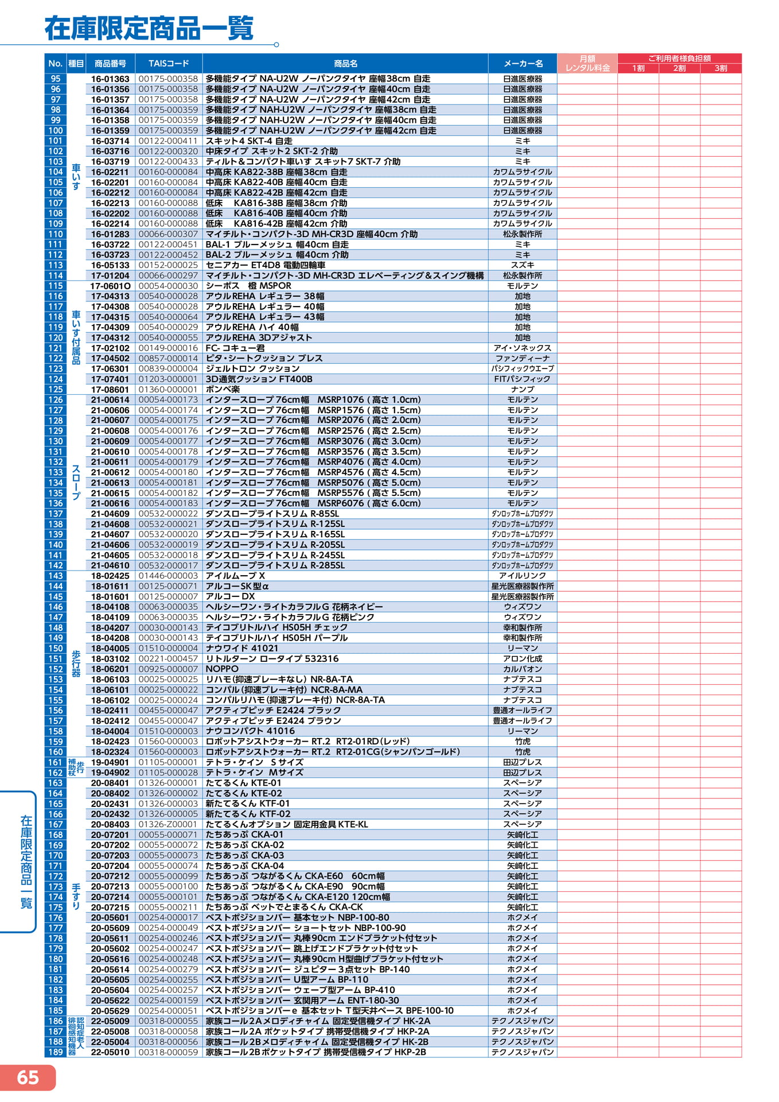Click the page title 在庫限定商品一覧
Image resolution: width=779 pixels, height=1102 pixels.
(x=149, y=28)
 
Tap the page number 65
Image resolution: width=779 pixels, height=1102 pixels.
(x=28, y=1077)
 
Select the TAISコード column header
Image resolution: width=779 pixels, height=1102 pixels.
(x=169, y=63)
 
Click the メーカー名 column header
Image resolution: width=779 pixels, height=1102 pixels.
(x=523, y=63)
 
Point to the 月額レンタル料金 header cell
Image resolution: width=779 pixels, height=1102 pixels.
(x=587, y=63)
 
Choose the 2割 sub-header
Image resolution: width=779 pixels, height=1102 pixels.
(x=679, y=68)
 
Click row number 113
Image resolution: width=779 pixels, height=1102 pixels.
(x=56, y=265)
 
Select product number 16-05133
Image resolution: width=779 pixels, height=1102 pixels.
(x=110, y=265)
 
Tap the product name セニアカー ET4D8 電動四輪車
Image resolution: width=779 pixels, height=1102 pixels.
(x=265, y=265)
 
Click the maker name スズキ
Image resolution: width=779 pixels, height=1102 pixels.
(x=523, y=265)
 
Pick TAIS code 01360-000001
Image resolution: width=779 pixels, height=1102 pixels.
(x=168, y=389)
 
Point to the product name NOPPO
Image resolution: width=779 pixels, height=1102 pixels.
(x=222, y=669)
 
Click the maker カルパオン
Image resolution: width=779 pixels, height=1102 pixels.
(x=523, y=669)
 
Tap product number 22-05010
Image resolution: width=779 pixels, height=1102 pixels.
(x=110, y=1052)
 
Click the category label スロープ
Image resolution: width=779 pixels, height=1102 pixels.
(x=76, y=482)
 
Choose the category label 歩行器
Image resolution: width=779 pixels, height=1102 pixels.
(x=76, y=663)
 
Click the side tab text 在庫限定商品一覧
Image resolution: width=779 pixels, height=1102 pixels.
(x=26, y=862)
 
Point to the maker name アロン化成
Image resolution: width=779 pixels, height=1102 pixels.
(x=523, y=658)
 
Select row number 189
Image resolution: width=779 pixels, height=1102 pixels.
(x=56, y=1052)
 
